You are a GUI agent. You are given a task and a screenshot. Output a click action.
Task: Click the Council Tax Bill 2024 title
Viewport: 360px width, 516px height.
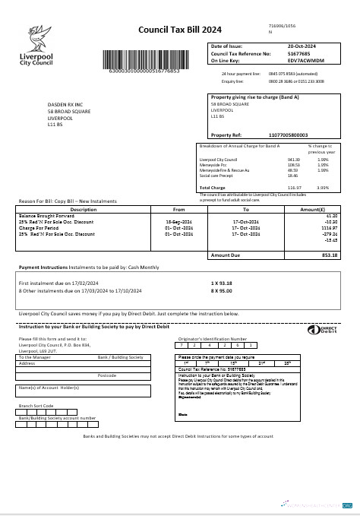(180, 30)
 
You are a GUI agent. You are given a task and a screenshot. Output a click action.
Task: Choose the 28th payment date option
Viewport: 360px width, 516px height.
(286, 362)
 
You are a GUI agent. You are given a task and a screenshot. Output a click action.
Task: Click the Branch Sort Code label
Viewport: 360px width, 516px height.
(37, 405)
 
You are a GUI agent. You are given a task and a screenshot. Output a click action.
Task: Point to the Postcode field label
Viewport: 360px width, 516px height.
(107, 375)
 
